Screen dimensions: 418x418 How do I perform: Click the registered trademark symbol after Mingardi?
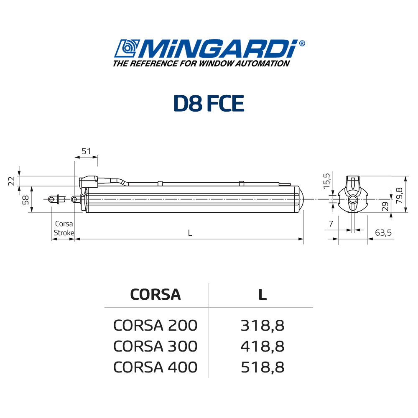302,43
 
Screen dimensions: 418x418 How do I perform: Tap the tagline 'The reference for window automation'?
201,64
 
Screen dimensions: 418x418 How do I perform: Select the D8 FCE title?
209,103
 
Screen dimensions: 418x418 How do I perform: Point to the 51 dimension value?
86,151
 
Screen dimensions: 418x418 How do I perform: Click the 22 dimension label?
12,181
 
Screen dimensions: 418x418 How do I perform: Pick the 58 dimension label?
25,200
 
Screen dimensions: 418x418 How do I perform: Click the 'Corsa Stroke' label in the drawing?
64,228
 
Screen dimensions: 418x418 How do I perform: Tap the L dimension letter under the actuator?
190,233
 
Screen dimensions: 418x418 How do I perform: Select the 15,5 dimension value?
327,181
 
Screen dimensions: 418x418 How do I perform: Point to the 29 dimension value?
385,206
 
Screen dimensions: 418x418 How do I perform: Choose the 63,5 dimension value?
383,233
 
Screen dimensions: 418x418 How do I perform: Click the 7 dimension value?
331,224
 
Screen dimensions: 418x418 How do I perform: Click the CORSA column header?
155,295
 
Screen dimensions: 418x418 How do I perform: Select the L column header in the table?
262,295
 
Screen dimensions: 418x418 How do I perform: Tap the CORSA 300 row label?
155,346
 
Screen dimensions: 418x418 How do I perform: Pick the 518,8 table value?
263,367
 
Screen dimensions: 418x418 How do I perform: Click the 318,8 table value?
263,325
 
